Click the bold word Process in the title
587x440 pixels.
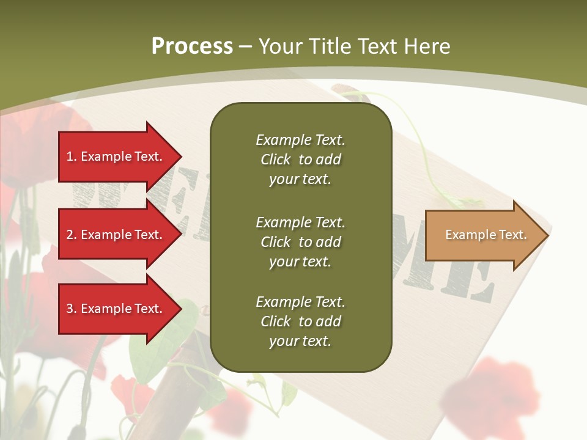[192, 46]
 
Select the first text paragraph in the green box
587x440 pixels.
[300, 159]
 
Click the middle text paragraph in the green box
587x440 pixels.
[300, 242]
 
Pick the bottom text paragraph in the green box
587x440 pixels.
[300, 321]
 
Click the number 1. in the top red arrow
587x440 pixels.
[72, 156]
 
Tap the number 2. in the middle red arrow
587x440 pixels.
[72, 235]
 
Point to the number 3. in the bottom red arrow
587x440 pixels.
[72, 309]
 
